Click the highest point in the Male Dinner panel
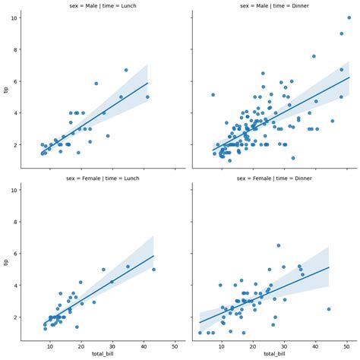(x=349, y=17)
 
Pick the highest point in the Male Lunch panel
(x=126, y=70)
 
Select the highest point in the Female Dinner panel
(x=278, y=245)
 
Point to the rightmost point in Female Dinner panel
(x=329, y=309)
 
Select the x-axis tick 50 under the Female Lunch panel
(x=175, y=346)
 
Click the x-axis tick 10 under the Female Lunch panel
(x=50, y=346)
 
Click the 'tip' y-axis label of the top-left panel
(x=6, y=90)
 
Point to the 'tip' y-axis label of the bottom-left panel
(x=6, y=262)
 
